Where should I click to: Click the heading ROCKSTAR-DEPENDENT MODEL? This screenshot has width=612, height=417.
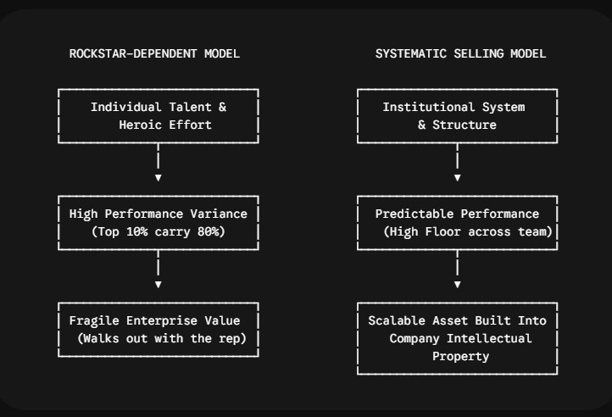pos(154,53)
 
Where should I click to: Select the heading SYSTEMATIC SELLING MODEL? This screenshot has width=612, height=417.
pos(460,53)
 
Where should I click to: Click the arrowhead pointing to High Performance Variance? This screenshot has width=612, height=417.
pos(158,178)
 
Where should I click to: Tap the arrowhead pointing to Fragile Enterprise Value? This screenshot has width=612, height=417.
pos(158,285)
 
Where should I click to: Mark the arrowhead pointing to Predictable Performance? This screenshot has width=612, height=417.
pos(458,178)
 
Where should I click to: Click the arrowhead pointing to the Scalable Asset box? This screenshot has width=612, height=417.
pos(458,285)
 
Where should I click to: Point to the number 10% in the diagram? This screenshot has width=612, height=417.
pos(137,231)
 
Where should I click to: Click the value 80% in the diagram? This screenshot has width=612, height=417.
pos(208,231)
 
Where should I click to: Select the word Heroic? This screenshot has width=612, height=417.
pos(140,125)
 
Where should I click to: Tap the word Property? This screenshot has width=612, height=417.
pos(460,357)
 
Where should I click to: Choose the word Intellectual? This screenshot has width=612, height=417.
pos(489,338)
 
